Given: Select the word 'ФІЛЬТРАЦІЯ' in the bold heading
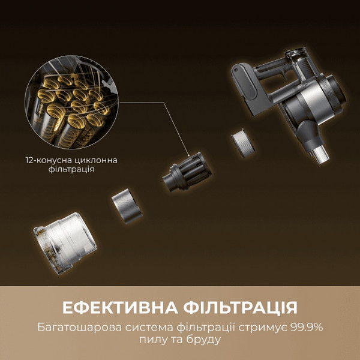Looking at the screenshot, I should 238,308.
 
